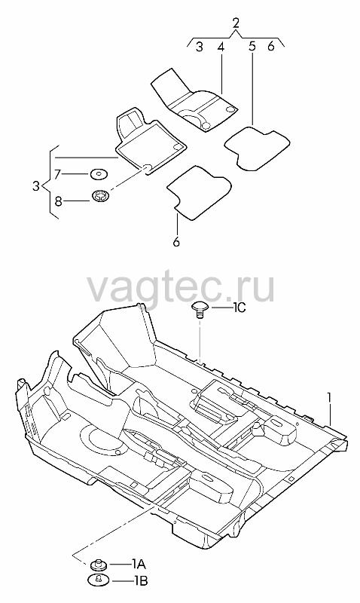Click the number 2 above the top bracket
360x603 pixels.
coord(236,23)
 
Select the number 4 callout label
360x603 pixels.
coord(220,47)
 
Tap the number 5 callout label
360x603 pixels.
coord(252,47)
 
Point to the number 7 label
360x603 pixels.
coord(58,175)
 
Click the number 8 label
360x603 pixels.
coord(58,200)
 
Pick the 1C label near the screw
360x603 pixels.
coord(238,308)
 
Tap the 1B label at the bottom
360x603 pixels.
coord(140,580)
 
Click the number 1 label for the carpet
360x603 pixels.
coord(329,398)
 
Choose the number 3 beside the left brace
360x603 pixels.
coord(36,186)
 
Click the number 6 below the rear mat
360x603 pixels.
coord(176,242)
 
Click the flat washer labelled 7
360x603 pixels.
coord(99,175)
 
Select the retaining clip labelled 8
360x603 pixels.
coord(102,196)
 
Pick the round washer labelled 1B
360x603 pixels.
coord(99,579)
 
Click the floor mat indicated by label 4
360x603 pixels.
coord(194,101)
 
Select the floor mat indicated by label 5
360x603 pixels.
coord(257,148)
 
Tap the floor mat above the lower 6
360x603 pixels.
coord(199,192)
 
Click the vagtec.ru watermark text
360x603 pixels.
coord(181,289)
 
